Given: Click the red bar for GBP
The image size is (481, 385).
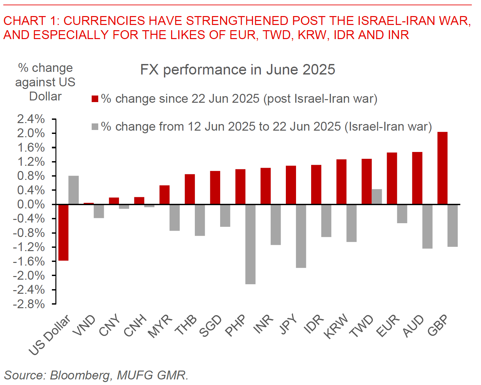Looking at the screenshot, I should click(x=442, y=168).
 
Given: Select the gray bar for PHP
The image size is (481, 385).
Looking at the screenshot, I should click(x=250, y=244).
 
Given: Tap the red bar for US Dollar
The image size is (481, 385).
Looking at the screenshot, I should click(x=63, y=232).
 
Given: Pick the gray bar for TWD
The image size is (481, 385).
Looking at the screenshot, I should click(x=377, y=197).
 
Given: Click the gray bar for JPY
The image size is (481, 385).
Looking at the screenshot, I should click(x=301, y=236).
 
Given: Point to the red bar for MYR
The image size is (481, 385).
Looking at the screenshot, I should click(x=164, y=195).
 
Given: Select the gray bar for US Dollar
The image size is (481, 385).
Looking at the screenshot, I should click(x=74, y=190).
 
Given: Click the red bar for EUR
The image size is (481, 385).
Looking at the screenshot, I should click(x=392, y=178).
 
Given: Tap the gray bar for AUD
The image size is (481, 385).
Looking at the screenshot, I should click(x=427, y=226).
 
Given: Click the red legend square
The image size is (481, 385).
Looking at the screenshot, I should click(x=95, y=99).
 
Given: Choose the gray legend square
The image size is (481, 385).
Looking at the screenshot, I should click(x=95, y=127).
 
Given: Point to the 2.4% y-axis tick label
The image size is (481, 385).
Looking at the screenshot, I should click(x=31, y=119).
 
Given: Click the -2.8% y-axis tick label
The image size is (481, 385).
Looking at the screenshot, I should click(x=29, y=304).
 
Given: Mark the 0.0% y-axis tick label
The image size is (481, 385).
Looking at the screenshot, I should click(x=31, y=204).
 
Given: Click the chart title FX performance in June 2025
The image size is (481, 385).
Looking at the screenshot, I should click(x=238, y=70).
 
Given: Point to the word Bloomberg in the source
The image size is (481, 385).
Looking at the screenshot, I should click(x=80, y=375).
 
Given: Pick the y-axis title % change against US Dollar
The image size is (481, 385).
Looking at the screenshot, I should click(x=45, y=82).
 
